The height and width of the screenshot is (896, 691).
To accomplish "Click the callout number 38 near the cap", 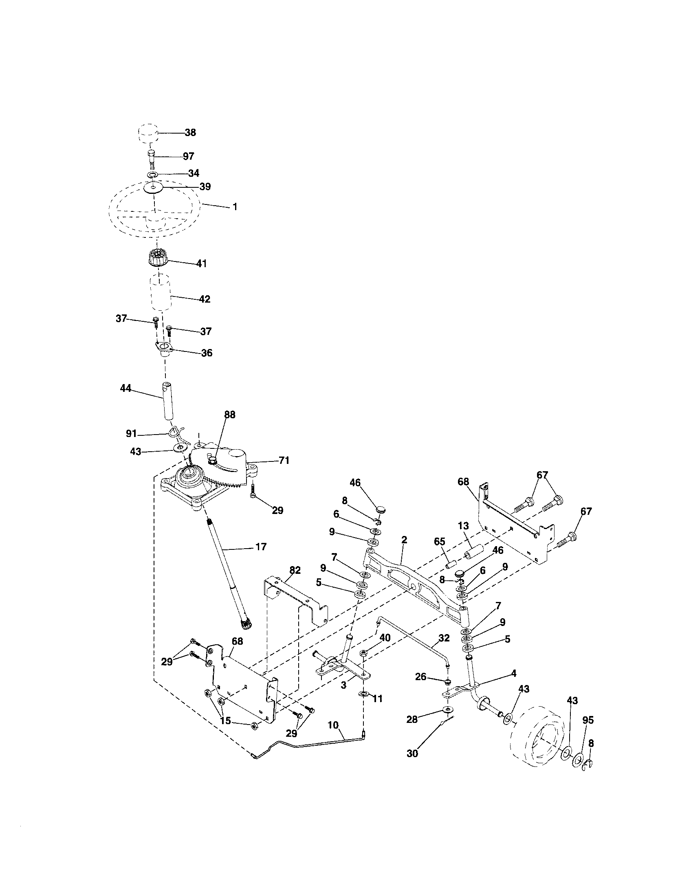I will [x=190, y=132].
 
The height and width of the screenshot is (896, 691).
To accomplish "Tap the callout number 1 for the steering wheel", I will [x=235, y=207].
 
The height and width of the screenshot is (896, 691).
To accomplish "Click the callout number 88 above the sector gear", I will [x=230, y=415].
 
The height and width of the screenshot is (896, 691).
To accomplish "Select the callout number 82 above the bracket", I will [x=295, y=570].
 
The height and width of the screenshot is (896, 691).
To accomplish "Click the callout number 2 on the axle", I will [x=404, y=540].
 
